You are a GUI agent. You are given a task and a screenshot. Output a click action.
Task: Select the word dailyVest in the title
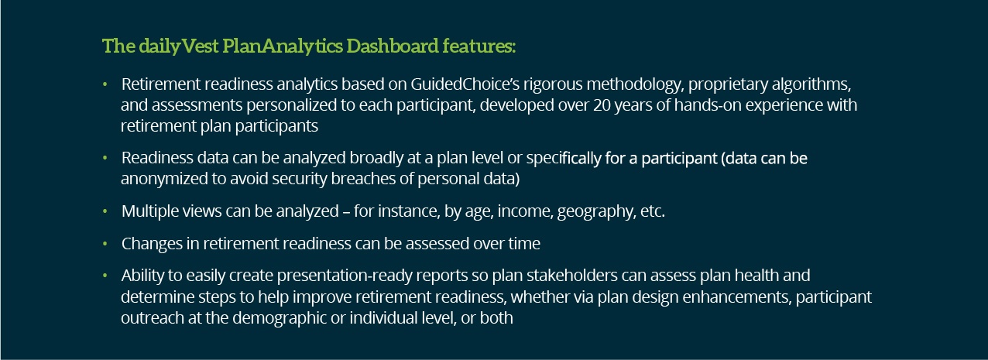click(179, 46)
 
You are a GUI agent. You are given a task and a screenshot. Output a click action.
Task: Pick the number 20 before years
click(602, 105)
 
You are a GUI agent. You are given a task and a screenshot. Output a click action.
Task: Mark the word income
click(525, 211)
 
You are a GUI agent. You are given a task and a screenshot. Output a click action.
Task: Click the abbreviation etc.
click(653, 211)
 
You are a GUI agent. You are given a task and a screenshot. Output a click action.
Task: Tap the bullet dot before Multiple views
click(105, 211)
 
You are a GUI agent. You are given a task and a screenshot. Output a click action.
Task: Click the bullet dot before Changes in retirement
click(105, 244)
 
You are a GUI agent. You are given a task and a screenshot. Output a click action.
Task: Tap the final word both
click(496, 317)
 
